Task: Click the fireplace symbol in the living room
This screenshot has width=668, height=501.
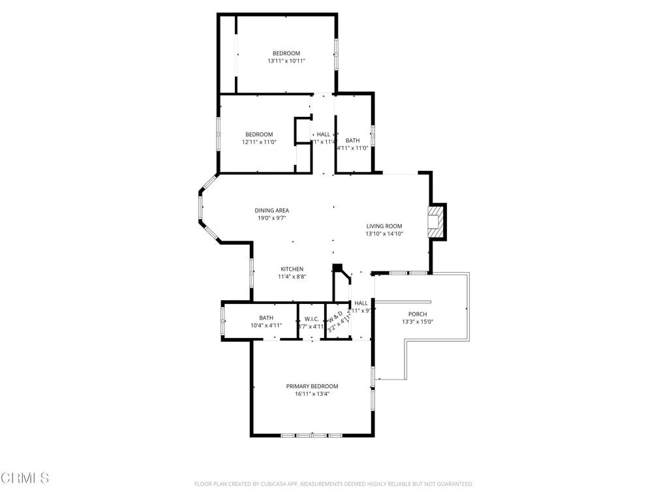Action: tap(436, 222)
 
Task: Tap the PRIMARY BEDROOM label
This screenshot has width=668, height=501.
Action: tap(312, 386)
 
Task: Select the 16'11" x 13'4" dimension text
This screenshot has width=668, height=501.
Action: tap(312, 394)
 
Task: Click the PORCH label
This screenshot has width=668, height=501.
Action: tap(417, 314)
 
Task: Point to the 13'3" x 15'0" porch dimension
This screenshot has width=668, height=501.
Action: tap(417, 322)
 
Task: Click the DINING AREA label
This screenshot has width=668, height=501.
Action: tap(271, 210)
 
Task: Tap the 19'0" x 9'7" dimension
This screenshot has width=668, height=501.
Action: tap(271, 219)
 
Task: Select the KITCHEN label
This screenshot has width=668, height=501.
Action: tap(292, 269)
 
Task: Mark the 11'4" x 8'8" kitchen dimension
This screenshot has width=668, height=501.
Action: tap(292, 277)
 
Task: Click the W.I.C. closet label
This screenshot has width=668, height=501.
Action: tap(311, 319)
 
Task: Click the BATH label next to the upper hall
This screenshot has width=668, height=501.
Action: tap(352, 140)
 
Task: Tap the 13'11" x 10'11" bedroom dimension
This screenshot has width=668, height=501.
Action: tap(286, 61)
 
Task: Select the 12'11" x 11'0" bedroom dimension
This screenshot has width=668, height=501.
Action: tap(259, 142)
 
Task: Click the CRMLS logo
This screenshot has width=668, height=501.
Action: tap(25, 478)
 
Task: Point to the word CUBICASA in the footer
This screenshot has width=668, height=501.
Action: tap(272, 484)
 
